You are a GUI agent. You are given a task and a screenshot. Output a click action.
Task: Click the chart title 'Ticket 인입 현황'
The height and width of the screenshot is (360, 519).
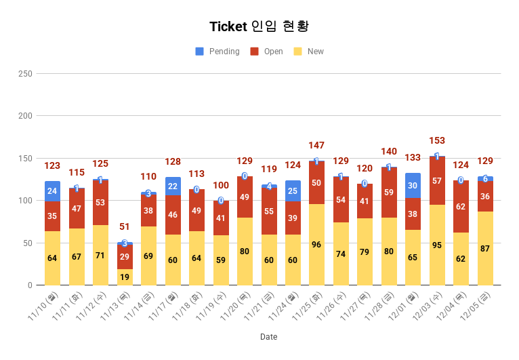pyautogui.click(x=259, y=26)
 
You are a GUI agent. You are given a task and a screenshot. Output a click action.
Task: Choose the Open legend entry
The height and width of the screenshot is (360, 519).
pyautogui.click(x=273, y=52)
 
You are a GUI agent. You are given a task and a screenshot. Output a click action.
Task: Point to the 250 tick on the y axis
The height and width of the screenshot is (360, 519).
pyautogui.click(x=24, y=73)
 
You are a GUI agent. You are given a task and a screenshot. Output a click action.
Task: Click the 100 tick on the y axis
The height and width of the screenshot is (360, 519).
pyautogui.click(x=24, y=201)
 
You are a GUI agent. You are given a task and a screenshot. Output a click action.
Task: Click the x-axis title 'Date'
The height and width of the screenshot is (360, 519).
pyautogui.click(x=268, y=337)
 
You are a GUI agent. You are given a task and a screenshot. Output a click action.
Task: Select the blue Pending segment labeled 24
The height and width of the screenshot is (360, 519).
pyautogui.click(x=52, y=191)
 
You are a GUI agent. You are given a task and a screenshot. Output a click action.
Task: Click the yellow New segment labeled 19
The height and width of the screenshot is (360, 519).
pyautogui.click(x=125, y=277)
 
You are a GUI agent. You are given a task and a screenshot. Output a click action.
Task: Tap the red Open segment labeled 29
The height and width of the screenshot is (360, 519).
pyautogui.click(x=125, y=257)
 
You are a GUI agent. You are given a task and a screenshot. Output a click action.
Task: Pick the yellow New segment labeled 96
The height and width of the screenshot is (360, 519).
pyautogui.click(x=316, y=244)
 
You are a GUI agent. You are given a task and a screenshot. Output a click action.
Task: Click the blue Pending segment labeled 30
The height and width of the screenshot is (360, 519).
pyautogui.click(x=413, y=186)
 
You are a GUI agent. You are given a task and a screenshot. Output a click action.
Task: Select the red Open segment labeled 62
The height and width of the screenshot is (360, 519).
pyautogui.click(x=461, y=206)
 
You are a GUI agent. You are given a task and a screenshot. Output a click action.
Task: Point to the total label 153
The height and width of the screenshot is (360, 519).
pyautogui.click(x=437, y=141)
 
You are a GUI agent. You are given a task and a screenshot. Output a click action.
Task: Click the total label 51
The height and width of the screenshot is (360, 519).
pyautogui.click(x=125, y=227)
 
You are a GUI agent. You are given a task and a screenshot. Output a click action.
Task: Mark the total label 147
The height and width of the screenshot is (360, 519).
pyautogui.click(x=316, y=146)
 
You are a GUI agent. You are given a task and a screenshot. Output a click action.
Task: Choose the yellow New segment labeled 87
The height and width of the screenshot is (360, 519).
pyautogui.click(x=485, y=248)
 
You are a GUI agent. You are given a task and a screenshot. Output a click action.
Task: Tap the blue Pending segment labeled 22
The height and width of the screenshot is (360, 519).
pyautogui.click(x=173, y=186)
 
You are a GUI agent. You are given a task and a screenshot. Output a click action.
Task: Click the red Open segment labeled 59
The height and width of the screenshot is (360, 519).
pyautogui.click(x=389, y=193)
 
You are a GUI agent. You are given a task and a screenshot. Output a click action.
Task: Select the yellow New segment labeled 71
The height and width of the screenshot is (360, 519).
pyautogui.click(x=100, y=255)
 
